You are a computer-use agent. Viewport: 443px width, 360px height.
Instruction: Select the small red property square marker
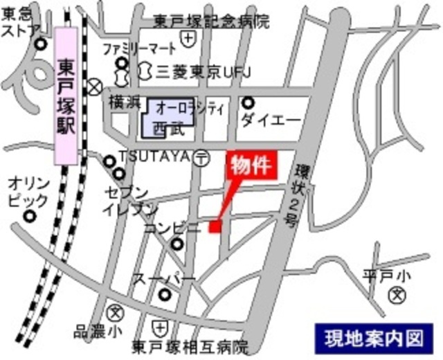pyautogui.click(x=215, y=226)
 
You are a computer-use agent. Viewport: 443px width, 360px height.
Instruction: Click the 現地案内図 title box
pyautogui.click(x=373, y=338)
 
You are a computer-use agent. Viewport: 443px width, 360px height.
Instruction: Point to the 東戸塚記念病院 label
pyautogui.click(x=211, y=21)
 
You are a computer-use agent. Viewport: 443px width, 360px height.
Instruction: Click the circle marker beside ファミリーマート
pyautogui.click(x=122, y=64)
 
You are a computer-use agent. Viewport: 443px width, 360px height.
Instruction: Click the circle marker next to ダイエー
pyautogui.click(x=248, y=103)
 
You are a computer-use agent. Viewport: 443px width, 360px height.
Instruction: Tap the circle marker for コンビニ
pyautogui.click(x=178, y=244)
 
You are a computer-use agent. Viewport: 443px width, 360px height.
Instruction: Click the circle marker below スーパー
pyautogui.click(x=165, y=294)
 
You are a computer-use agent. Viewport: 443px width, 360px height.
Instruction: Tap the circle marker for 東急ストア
pyautogui.click(x=41, y=45)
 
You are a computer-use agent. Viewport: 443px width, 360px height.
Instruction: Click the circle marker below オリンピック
pyautogui.click(x=29, y=215)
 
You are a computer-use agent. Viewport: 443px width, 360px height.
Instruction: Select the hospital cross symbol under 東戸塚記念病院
pyautogui.click(x=188, y=38)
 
